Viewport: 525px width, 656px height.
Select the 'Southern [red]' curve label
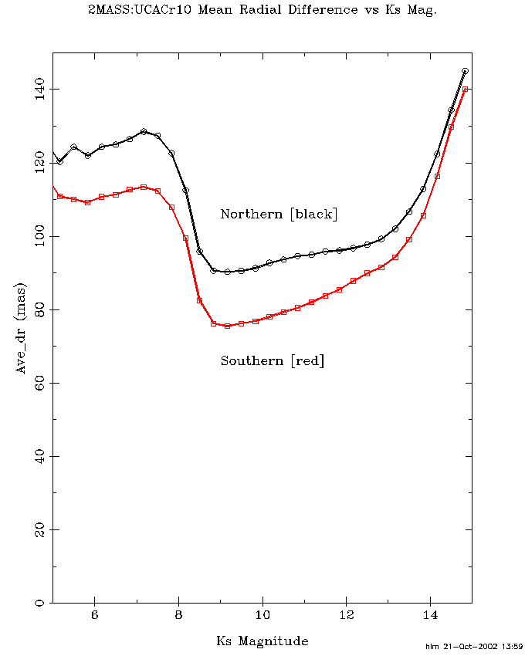point(273,360)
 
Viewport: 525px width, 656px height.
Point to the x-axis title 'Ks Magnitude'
point(262,641)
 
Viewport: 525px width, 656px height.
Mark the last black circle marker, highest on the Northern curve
point(465,71)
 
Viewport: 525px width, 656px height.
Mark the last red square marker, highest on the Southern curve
point(466,90)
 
